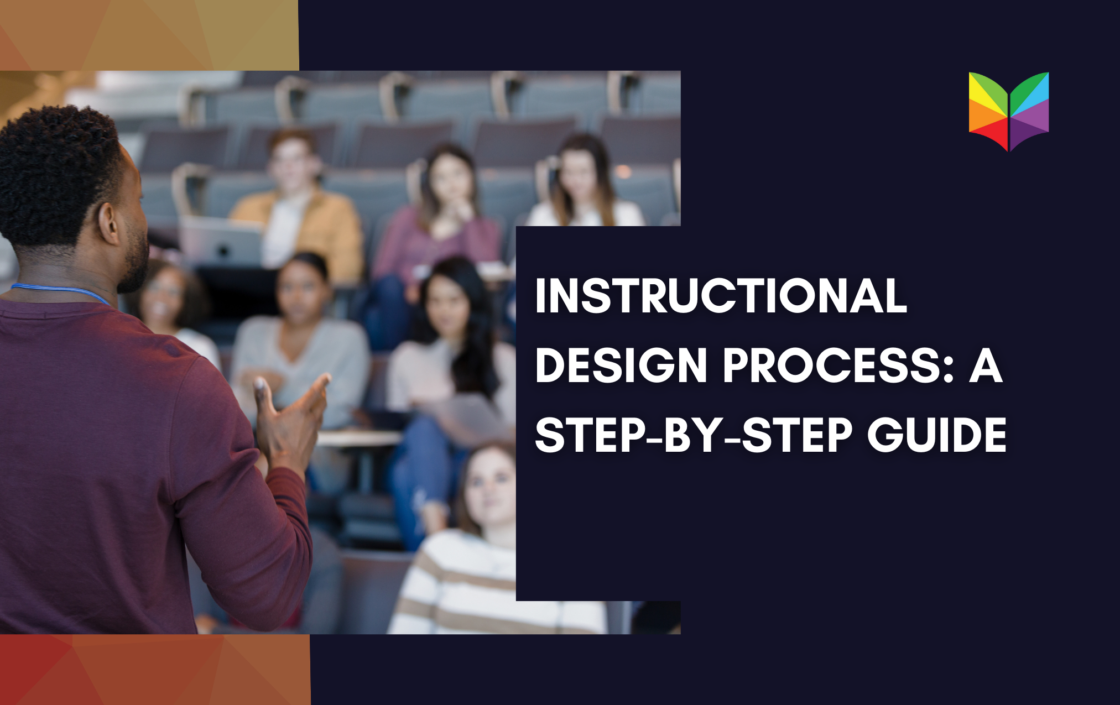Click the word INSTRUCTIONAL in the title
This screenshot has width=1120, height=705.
coord(721,296)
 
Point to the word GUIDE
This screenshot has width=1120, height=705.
coord(936,435)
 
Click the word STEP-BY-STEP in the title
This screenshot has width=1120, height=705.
coord(694,435)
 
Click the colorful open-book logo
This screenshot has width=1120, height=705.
coord(1009,111)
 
